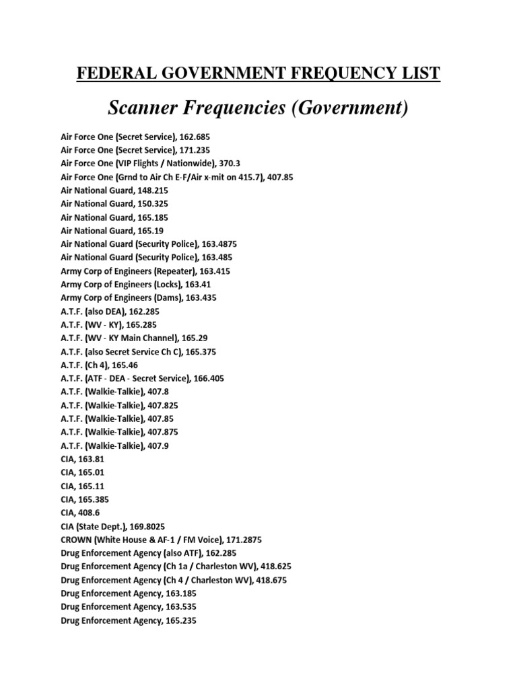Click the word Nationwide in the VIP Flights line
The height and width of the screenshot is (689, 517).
(192, 164)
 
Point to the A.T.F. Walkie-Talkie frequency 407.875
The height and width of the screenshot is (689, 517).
(162, 432)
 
